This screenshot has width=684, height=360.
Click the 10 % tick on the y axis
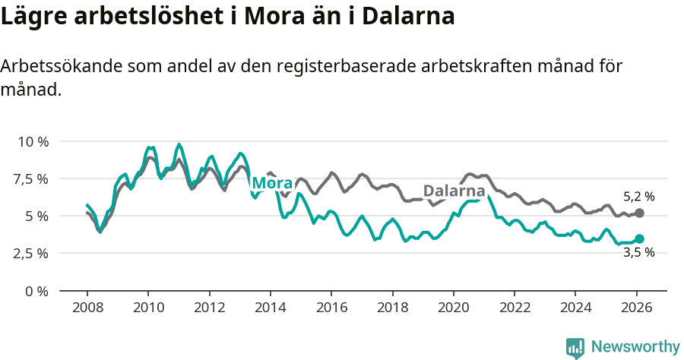click(x=33, y=142)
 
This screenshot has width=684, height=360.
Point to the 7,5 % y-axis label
click(x=31, y=179)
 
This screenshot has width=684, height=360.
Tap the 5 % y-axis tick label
click(x=37, y=216)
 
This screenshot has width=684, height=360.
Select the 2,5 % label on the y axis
click(x=31, y=253)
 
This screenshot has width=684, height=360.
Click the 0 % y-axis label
click(x=37, y=291)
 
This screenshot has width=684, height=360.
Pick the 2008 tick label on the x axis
click(x=87, y=308)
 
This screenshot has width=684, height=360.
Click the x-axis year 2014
click(x=270, y=308)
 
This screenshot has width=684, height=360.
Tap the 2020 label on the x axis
click(x=453, y=308)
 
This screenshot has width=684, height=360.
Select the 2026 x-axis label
click(x=636, y=308)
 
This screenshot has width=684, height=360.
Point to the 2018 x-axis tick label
click(x=392, y=308)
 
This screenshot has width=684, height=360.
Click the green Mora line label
click(x=272, y=184)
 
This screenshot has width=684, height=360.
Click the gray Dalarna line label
click(x=454, y=191)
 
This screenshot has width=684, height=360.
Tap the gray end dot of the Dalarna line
click(x=639, y=213)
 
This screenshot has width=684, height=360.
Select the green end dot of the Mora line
click(x=639, y=238)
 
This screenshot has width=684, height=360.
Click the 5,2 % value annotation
click(x=638, y=197)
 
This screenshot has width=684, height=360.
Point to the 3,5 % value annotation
click(x=638, y=253)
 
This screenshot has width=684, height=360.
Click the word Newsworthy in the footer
click(x=635, y=347)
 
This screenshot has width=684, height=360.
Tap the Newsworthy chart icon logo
click(x=575, y=348)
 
